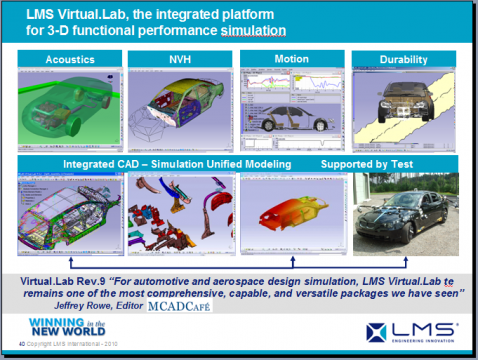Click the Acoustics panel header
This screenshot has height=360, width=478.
71,60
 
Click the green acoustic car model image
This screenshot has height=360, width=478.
71,104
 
